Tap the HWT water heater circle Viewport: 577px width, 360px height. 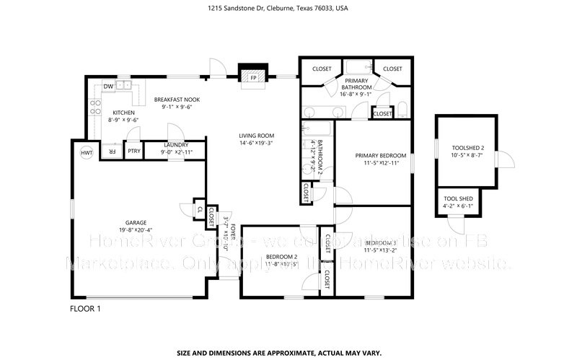click(x=87, y=153)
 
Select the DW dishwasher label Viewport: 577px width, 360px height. click(x=108, y=87)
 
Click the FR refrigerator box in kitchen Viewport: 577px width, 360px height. click(x=113, y=152)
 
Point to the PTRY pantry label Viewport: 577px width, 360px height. click(x=134, y=152)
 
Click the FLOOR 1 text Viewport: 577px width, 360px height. click(x=84, y=308)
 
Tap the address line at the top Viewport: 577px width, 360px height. click(x=288, y=10)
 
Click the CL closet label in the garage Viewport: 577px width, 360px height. click(x=200, y=210)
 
